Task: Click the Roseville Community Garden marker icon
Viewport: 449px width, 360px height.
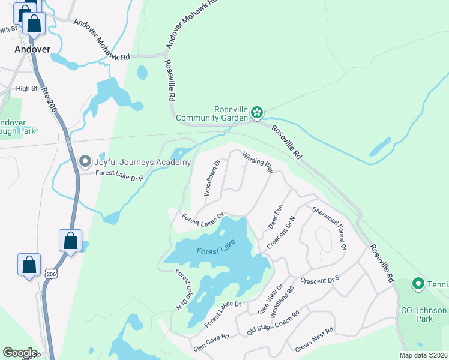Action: click(257, 112)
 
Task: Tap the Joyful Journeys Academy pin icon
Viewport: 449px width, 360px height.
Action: click(85, 161)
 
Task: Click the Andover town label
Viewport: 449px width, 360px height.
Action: click(32, 49)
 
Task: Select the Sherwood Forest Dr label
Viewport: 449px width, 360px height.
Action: click(329, 228)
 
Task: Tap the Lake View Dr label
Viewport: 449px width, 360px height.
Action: click(270, 299)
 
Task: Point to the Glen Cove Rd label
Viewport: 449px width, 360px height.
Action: click(211, 343)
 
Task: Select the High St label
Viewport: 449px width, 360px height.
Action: click(26, 89)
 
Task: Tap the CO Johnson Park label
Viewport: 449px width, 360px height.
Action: click(424, 314)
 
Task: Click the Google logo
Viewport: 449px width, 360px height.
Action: click(20, 353)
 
